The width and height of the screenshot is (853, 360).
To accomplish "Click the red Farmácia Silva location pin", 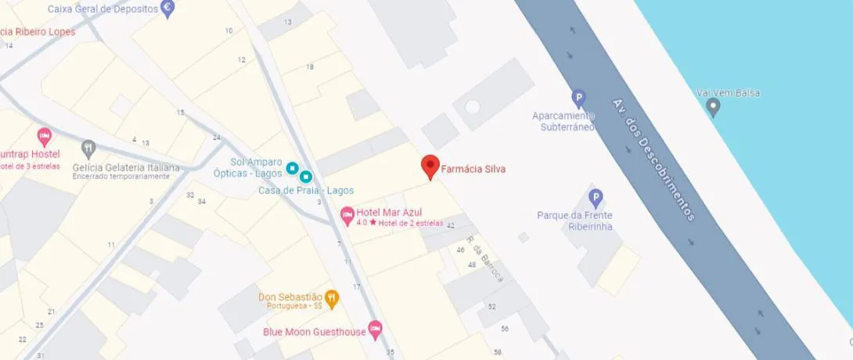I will click(430, 166).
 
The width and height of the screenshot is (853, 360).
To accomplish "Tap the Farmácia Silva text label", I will click(474, 168).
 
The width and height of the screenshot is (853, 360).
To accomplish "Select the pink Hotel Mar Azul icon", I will click(347, 213).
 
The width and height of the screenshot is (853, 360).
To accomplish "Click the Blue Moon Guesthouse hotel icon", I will click(375, 332).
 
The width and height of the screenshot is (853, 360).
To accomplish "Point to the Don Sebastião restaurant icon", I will click(333, 297).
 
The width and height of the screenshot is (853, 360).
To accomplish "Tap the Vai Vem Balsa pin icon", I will click(712, 107).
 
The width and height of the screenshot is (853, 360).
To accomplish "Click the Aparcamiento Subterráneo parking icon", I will click(578, 99).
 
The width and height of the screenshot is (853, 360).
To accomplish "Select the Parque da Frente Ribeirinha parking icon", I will click(596, 197).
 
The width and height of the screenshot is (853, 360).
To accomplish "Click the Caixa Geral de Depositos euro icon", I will click(167, 9).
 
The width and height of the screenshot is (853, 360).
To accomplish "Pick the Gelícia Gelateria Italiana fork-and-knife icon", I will click(89, 147).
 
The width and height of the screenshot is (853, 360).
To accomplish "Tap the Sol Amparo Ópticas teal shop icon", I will click(292, 167).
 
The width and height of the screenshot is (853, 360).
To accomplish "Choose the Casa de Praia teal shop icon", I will click(306, 177).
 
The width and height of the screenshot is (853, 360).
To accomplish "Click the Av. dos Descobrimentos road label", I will click(654, 159).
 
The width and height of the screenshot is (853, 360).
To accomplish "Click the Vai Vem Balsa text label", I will click(728, 93).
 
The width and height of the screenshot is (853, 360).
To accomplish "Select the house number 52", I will click(491, 307).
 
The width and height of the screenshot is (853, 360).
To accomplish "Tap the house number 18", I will click(310, 67).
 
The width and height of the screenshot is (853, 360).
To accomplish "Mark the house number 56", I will click(505, 329).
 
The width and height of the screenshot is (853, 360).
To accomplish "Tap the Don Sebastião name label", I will click(290, 297).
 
